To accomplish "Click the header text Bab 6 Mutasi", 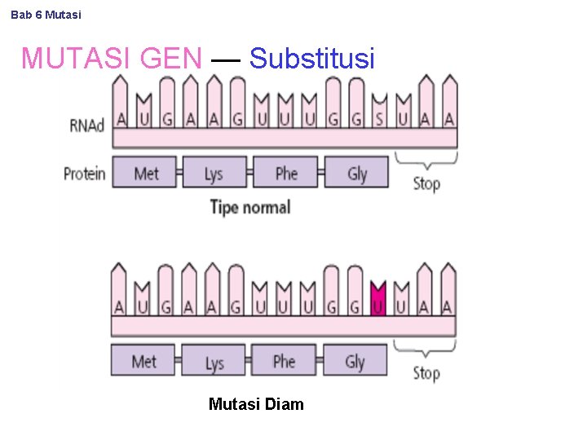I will click(x=46, y=15).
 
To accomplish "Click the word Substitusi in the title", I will click(x=311, y=59).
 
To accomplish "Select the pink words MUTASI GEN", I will click(x=111, y=59).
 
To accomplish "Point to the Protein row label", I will click(x=85, y=173).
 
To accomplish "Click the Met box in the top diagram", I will click(x=145, y=173).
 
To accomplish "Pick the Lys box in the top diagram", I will click(x=214, y=173).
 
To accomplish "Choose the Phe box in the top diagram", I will click(x=285, y=173).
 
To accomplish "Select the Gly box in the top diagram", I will click(x=357, y=173).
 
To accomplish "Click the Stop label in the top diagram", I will click(x=426, y=183).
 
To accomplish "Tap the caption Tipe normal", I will click(x=249, y=207).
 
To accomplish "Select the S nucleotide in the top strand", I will click(x=379, y=118).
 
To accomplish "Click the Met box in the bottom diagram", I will click(x=143, y=360).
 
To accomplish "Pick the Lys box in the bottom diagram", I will click(x=214, y=360).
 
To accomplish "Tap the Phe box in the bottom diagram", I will click(x=284, y=360).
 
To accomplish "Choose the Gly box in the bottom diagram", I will click(x=355, y=360).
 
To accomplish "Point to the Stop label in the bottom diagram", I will click(x=426, y=373).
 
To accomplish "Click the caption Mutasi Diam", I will click(x=256, y=404).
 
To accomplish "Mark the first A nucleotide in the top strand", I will click(x=121, y=118).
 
